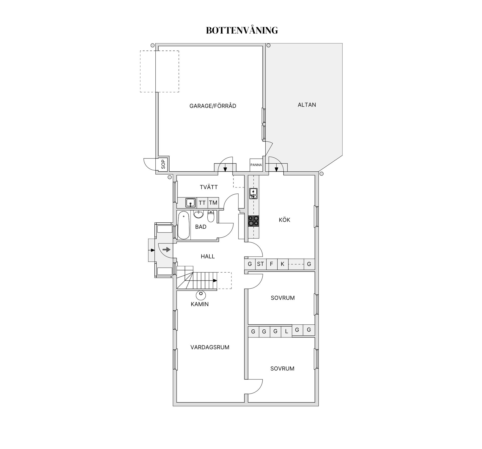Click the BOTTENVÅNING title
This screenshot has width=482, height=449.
pyautogui.click(x=242, y=30)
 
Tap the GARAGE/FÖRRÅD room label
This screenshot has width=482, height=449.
pyautogui.click(x=213, y=106)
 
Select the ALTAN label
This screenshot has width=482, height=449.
pyautogui.click(x=307, y=105)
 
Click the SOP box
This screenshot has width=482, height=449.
pyautogui.click(x=163, y=164)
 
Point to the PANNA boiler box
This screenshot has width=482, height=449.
pyautogui.click(x=256, y=165)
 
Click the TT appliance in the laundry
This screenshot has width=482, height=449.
pyautogui.click(x=202, y=203)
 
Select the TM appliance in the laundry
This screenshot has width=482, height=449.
pyautogui.click(x=213, y=203)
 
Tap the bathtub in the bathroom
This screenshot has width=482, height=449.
pyautogui.click(x=184, y=225)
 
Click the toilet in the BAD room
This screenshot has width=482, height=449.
pyautogui.click(x=211, y=216)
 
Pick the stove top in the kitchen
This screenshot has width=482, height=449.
pyautogui.click(x=254, y=221)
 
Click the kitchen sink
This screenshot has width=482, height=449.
pyautogui.click(x=253, y=193)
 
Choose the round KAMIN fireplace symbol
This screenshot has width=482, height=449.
pyautogui.click(x=201, y=295)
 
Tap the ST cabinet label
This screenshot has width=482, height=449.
pyautogui.click(x=260, y=264)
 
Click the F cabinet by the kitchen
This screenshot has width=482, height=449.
pyautogui.click(x=271, y=264)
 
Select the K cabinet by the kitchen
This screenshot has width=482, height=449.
pyautogui.click(x=283, y=264)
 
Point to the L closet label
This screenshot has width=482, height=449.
pyautogui.click(x=286, y=331)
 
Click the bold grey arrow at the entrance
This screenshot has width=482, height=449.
pyautogui.click(x=166, y=250)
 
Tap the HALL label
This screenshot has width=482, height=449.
pyautogui.click(x=208, y=256)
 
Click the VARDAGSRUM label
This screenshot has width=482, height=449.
pyautogui.click(x=210, y=347)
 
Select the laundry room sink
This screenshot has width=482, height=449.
pyautogui.click(x=191, y=203)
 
